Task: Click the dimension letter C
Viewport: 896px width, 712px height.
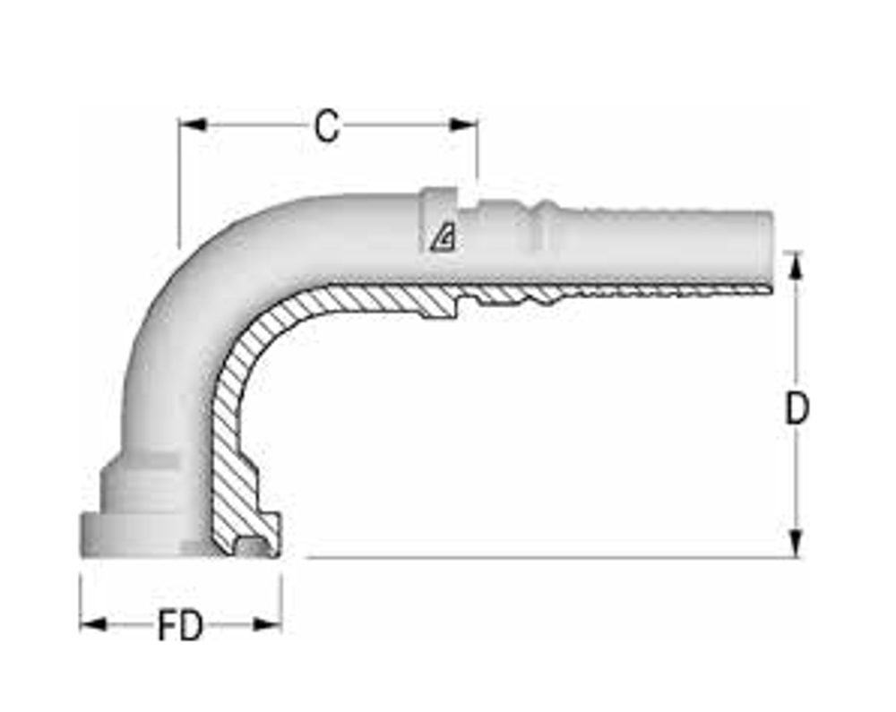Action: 327,127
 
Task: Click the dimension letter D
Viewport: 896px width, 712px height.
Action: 797,409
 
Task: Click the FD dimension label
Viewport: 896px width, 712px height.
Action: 180,626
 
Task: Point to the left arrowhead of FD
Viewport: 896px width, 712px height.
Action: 92,623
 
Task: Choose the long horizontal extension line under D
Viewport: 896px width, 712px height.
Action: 538,557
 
